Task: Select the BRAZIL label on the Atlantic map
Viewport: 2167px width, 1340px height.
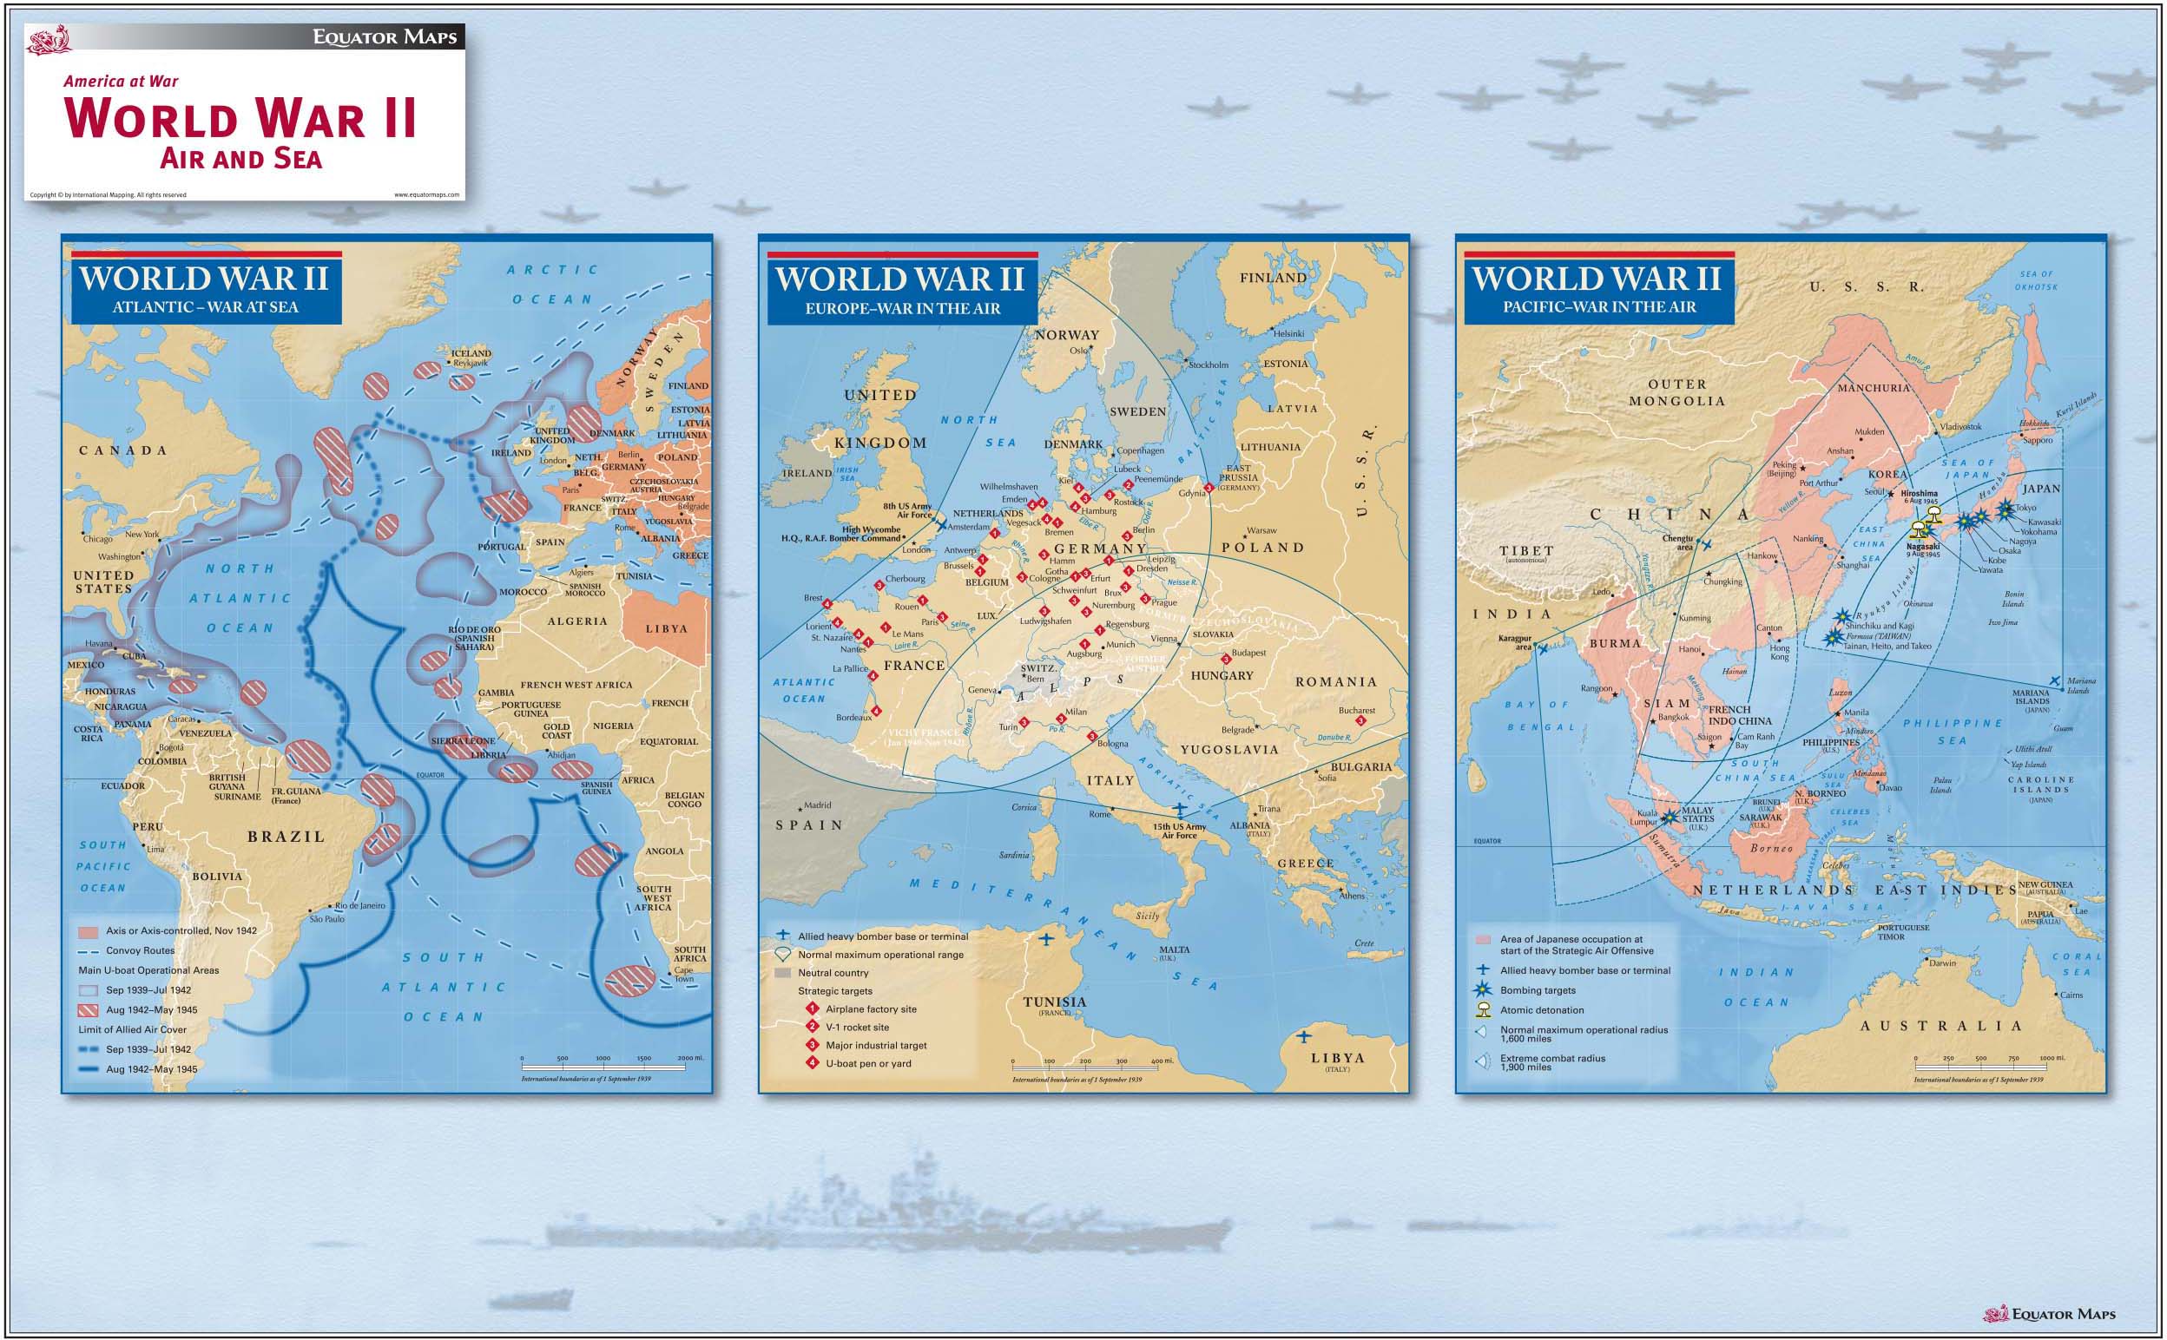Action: coord(286,837)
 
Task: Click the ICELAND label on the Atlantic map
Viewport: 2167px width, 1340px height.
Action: coord(471,352)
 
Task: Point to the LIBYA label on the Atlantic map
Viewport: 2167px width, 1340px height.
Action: coord(666,628)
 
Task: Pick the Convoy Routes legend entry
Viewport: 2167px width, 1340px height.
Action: coord(140,950)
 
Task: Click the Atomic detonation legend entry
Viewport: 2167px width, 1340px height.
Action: coord(1541,1009)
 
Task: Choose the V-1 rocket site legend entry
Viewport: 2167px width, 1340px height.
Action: coord(856,1028)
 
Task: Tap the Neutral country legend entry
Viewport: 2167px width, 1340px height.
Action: coord(833,972)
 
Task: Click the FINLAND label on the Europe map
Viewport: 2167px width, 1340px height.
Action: coord(1273,278)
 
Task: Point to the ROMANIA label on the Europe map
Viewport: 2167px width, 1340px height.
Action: coord(1335,681)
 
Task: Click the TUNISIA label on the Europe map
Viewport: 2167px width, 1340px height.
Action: coord(1054,1002)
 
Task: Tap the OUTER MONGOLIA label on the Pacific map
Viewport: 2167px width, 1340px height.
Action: coord(1676,392)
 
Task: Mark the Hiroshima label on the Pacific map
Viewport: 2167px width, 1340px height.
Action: coord(1919,494)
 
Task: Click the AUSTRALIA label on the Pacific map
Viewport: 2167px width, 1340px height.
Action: coord(1941,1027)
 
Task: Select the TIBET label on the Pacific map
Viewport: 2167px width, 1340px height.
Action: coord(1526,550)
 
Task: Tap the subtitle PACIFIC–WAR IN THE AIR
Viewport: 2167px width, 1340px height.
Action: coord(1599,307)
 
